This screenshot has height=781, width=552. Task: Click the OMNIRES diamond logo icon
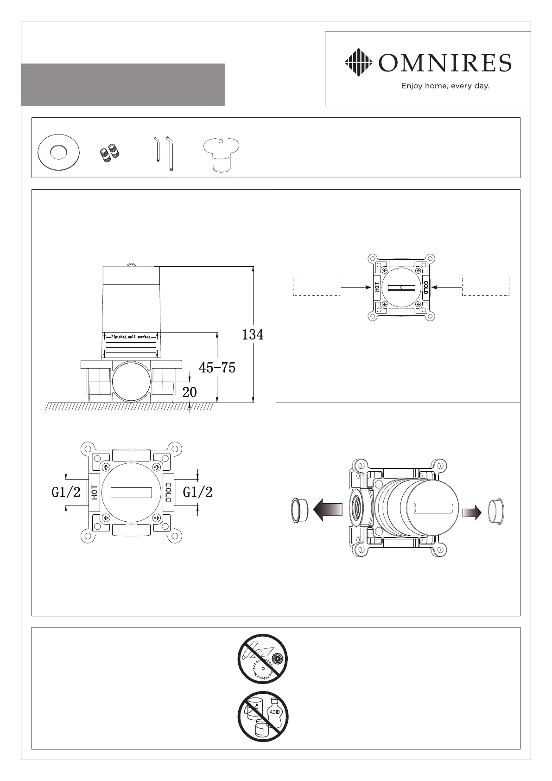tap(359, 63)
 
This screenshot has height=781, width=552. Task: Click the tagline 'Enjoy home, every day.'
tap(445, 86)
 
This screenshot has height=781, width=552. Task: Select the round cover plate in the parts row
tap(58, 153)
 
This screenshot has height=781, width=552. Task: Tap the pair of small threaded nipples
tap(109, 153)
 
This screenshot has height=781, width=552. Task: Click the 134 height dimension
tap(253, 335)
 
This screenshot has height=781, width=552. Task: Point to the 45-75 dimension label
tap(217, 367)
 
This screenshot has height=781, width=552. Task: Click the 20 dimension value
tap(190, 392)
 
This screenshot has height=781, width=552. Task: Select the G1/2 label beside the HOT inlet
tap(66, 492)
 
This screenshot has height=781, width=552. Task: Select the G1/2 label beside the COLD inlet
tap(197, 492)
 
